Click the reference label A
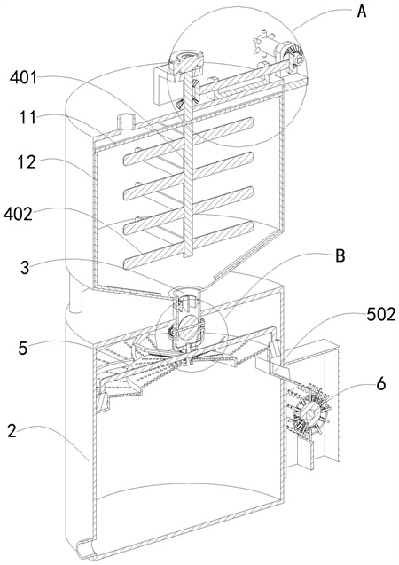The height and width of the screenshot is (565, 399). click(x=361, y=11)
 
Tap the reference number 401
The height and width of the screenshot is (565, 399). click(x=24, y=77)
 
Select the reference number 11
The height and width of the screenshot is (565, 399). click(x=28, y=117)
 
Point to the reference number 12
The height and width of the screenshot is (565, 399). click(x=27, y=162)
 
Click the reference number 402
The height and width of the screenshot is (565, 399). click(x=18, y=215)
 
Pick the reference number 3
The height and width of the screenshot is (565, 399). click(x=25, y=268)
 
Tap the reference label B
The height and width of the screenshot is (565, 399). click(x=340, y=255)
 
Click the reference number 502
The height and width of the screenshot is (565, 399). click(x=381, y=315)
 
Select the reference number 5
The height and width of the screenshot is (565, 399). click(x=23, y=349)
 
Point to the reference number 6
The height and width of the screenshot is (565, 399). click(x=381, y=384)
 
